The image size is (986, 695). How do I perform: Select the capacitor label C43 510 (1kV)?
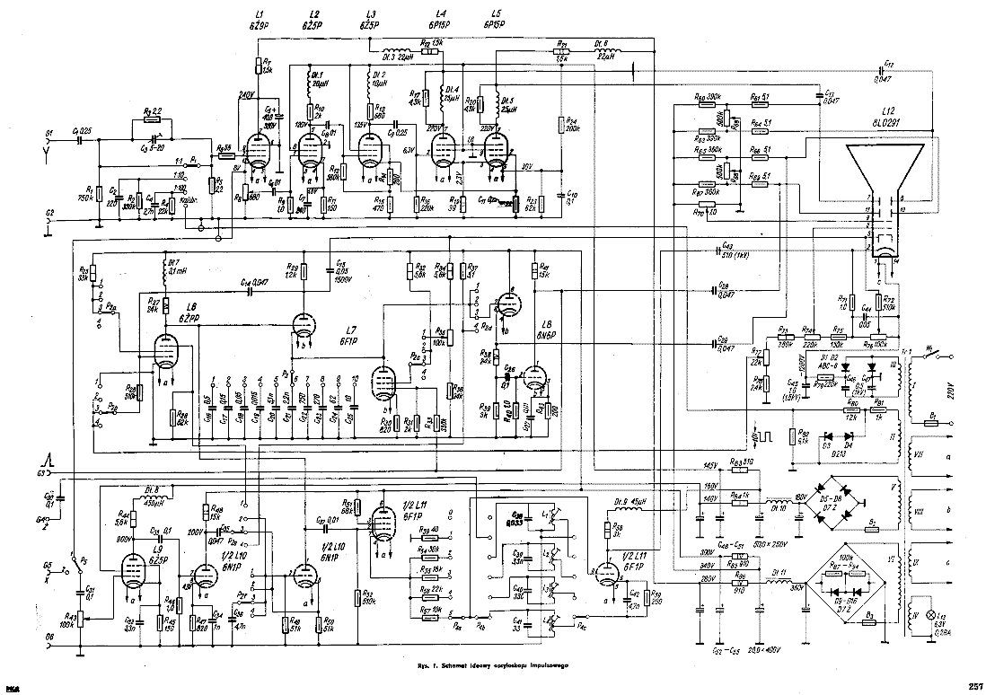click(732, 252)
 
